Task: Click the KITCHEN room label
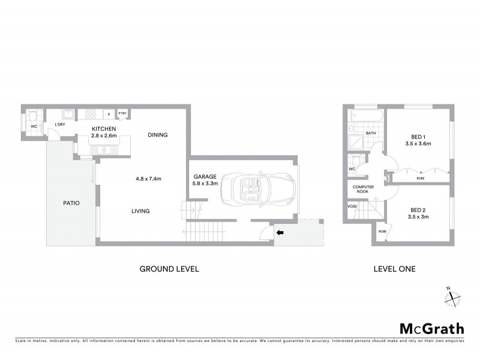coord(104,128)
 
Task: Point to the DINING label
coord(157,135)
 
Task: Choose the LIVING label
coord(140,211)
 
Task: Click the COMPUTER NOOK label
coord(363,190)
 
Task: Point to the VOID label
coord(352,206)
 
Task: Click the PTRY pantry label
coord(122,113)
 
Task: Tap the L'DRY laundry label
coord(59,124)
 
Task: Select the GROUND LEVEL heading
coord(169,269)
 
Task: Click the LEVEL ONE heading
coord(394,269)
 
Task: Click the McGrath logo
coord(432,328)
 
